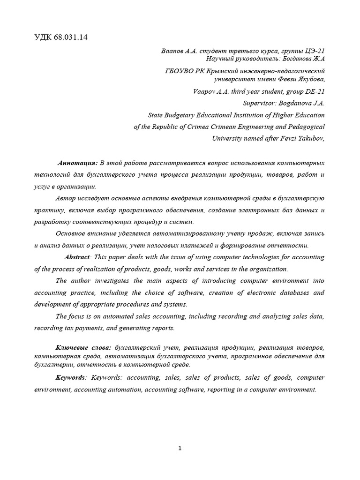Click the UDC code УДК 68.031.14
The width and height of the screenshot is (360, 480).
coord(61,37)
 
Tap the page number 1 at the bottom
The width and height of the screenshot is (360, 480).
coord(180,448)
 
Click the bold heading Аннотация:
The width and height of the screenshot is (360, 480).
coord(77,163)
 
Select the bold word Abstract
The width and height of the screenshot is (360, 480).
coord(78,257)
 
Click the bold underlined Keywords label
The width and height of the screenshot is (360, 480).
coord(70,377)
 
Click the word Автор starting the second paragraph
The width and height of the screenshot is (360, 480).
coord(65,198)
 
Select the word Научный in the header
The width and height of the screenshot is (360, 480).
coord(219,59)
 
